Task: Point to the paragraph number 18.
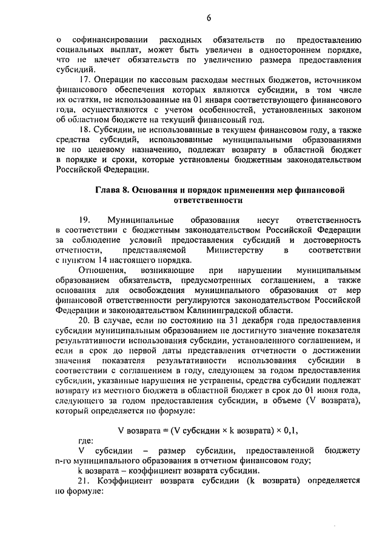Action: tap(85, 128)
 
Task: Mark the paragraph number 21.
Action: tap(85, 481)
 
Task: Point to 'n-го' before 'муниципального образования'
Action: tap(63, 461)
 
